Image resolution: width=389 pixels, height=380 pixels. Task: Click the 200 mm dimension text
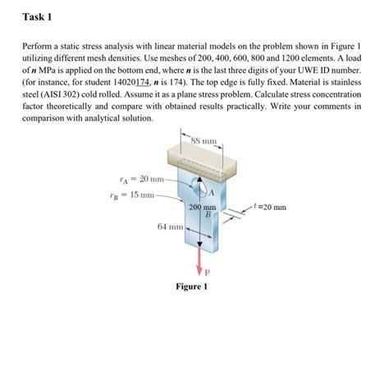[202, 208]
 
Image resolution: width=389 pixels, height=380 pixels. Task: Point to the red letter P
[206, 272]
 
